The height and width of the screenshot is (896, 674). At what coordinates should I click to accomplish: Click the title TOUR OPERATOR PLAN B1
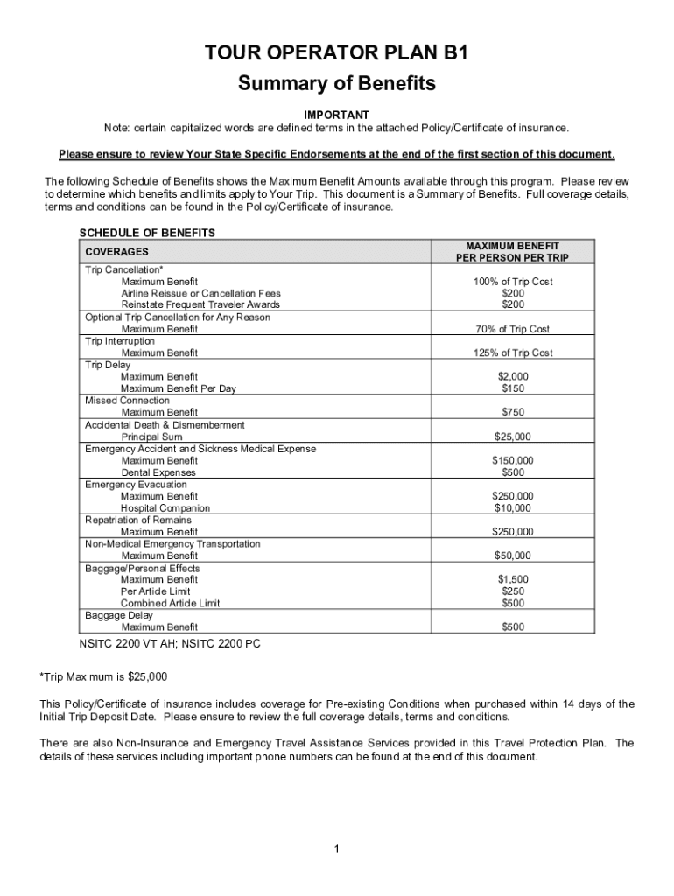(337, 54)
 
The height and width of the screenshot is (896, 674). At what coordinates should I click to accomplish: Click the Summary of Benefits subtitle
(337, 85)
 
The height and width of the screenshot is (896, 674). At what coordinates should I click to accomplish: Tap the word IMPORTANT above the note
(336, 115)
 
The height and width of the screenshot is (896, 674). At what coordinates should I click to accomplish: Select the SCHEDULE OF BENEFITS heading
(147, 233)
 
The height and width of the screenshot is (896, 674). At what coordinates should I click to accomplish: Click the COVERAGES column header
(116, 252)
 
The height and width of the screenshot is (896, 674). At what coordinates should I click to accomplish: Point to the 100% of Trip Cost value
(513, 282)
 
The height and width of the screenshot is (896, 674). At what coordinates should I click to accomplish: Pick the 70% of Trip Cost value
(513, 329)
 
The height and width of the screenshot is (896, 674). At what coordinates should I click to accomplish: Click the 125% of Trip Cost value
(513, 353)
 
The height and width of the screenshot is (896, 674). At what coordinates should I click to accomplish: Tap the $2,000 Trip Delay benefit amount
(513, 376)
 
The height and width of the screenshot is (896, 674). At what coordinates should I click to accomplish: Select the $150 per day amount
(513, 388)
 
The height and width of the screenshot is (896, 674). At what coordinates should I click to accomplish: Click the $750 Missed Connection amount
(513, 412)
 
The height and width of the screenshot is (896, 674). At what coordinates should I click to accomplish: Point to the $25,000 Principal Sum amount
(513, 437)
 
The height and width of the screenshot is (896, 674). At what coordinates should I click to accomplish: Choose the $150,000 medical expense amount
(513, 460)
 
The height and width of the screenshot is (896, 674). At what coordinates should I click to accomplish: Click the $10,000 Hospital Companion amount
(513, 507)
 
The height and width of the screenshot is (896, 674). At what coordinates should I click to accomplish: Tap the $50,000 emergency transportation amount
(513, 556)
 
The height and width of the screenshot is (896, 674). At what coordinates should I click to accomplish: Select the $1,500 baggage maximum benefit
(513, 579)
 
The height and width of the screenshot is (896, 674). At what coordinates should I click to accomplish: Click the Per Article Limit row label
(155, 591)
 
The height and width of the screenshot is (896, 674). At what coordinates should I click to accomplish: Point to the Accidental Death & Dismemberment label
(165, 424)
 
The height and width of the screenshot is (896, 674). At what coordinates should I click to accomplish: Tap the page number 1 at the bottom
(336, 849)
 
